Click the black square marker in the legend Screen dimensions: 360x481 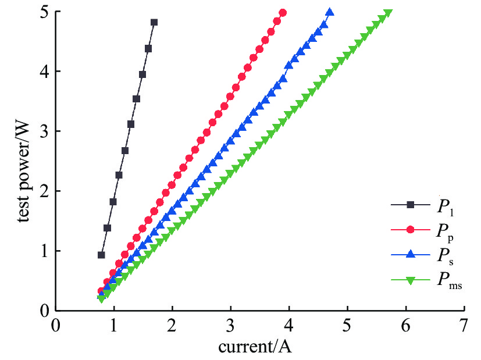(410, 205)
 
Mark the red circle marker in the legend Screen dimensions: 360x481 (410, 230)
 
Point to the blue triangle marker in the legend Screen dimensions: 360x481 (410, 255)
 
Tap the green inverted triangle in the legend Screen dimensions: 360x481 (410, 280)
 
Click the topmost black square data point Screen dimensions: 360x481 (154, 22)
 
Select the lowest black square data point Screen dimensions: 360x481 (101, 255)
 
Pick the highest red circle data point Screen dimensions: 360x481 (283, 13)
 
